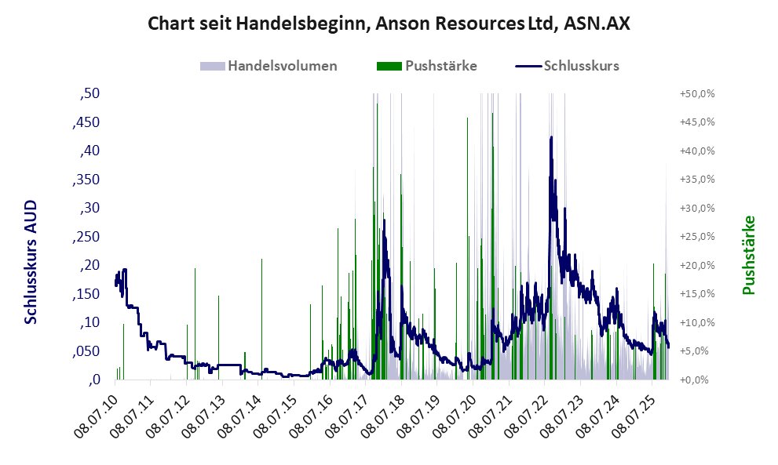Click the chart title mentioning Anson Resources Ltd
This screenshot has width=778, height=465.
click(389, 24)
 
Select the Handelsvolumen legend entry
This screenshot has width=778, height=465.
click(282, 66)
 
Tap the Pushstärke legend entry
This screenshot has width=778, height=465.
click(440, 66)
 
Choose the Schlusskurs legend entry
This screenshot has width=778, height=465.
click(581, 66)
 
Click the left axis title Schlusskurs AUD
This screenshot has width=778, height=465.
click(31, 262)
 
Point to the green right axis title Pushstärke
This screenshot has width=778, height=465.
click(747, 256)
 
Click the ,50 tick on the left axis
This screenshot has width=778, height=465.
click(89, 94)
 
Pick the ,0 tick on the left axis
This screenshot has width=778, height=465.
click(94, 380)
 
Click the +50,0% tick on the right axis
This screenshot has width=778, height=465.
click(696, 94)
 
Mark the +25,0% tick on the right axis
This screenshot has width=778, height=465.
click(696, 237)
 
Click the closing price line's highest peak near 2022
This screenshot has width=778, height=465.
click(552, 137)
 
